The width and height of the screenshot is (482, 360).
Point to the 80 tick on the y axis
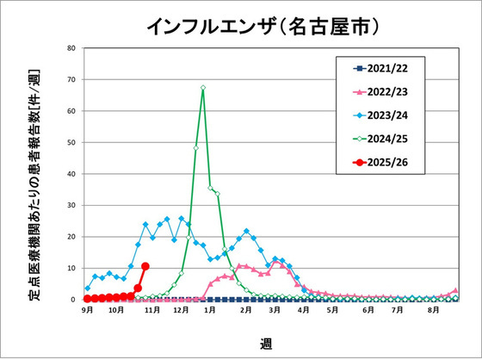coord(72,48)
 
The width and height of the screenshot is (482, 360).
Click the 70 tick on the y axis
coord(72,79)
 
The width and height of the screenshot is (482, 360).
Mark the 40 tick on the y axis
coord(72,174)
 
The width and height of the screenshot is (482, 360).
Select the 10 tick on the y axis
coord(72,268)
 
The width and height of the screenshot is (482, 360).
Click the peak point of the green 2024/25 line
coord(203,87)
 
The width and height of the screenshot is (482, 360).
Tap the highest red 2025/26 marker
coord(145,266)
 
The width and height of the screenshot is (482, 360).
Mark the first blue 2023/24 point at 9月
coord(88,289)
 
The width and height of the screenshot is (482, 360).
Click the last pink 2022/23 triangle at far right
coord(456,291)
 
